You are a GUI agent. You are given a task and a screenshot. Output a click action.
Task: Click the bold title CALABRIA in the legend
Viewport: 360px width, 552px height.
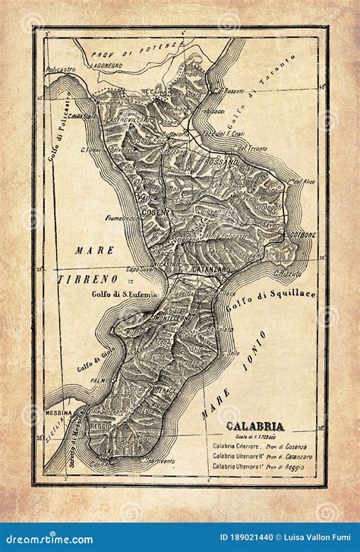coord(254,426)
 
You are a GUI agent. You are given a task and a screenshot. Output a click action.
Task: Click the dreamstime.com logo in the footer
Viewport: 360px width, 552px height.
coord(47,540)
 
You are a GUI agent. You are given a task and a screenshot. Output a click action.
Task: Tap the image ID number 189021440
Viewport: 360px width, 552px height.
coord(232,540)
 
